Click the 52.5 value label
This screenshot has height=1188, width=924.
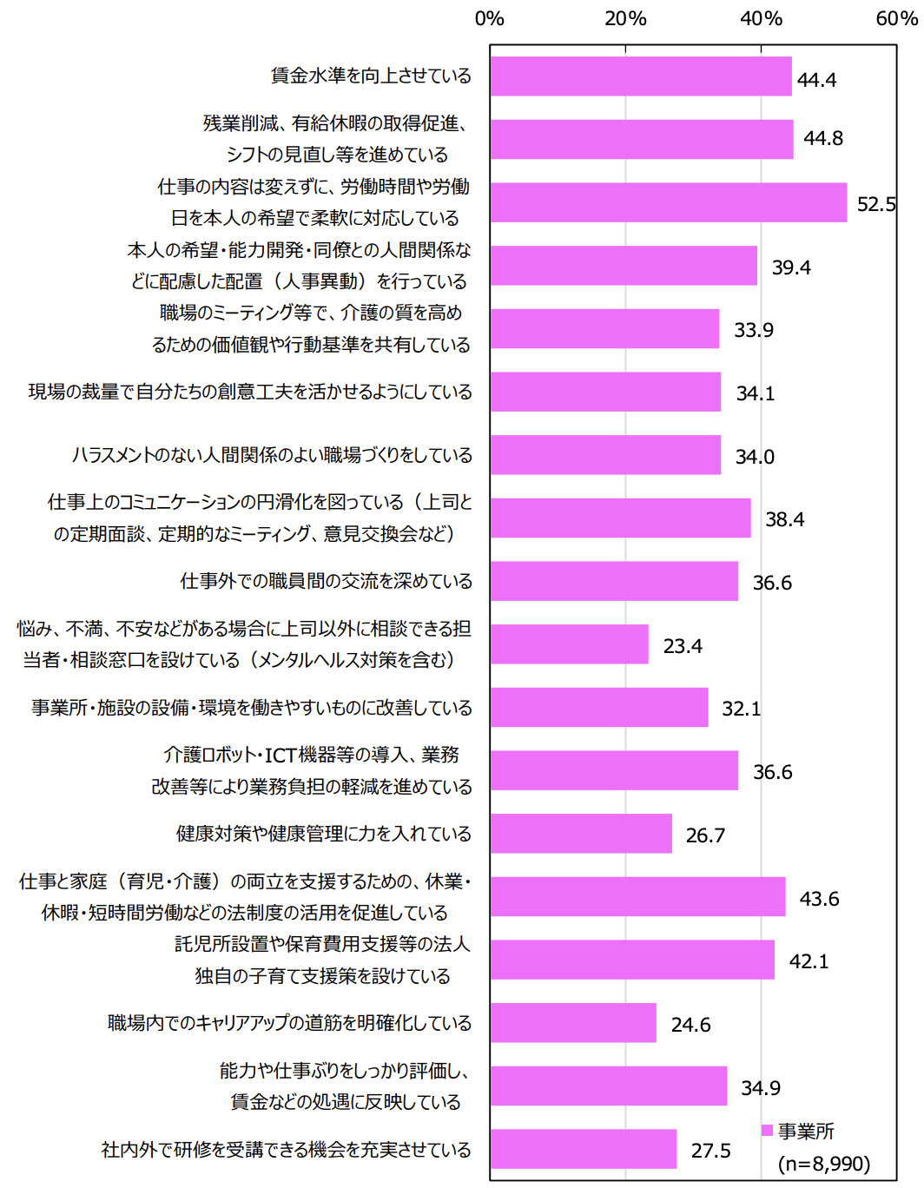coord(875,204)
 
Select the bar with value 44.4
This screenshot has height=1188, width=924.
coord(641,76)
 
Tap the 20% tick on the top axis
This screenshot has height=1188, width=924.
coord(625,18)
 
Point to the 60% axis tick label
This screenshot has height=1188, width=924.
coord(896,18)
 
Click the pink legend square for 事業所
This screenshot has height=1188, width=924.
coord(767,1130)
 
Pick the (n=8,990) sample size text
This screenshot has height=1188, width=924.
coord(823,1164)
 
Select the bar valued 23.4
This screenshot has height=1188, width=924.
coord(569,644)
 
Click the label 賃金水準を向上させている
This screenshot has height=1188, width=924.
coord(371,76)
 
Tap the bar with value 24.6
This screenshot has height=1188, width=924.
coord(573,1023)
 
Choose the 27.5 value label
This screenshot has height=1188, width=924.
coord(710,1151)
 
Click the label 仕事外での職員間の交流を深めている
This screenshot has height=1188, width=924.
coord(327,581)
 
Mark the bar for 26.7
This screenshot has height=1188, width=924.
coord(581,834)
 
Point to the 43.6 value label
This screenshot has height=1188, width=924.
coord(819,899)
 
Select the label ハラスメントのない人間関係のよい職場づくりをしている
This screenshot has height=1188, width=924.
coord(273,455)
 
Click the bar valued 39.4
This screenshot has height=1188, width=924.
coord(624,266)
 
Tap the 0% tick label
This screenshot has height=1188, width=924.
coord(490,18)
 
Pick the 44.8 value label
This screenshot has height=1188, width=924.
coord(822,139)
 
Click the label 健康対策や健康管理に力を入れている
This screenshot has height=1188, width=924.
coord(324,834)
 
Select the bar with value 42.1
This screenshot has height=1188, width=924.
coord(632,960)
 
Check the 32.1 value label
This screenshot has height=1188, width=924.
coord(741,709)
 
